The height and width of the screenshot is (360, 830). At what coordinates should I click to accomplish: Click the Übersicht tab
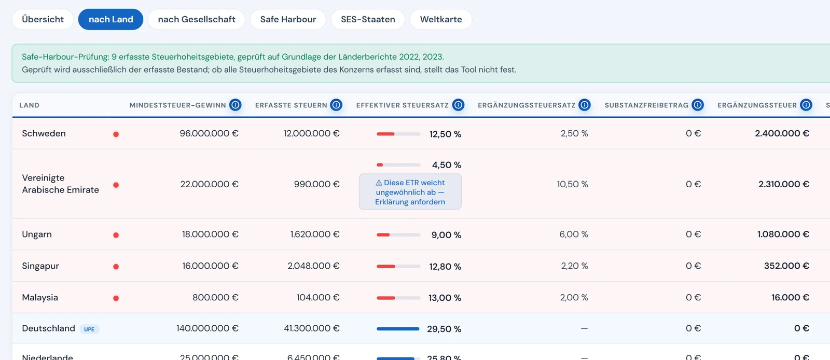coord(43,19)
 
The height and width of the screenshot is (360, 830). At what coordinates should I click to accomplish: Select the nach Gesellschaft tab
coord(197,19)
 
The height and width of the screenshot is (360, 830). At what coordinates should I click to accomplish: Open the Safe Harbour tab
coord(288,19)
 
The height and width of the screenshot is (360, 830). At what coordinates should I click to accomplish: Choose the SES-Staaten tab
coord(368,19)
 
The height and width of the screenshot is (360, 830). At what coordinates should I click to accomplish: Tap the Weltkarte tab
coord(441,19)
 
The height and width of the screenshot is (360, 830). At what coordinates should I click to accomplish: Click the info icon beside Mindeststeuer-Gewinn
coord(236,105)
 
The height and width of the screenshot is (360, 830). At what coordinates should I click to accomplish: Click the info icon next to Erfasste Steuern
coord(336,105)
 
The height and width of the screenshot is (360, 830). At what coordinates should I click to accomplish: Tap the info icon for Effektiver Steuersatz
coord(458,105)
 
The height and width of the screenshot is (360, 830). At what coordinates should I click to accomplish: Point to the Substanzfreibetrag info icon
coord(697,105)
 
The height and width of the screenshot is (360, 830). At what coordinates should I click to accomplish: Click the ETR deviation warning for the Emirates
coord(410,192)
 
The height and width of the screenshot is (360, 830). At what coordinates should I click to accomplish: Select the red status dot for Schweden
coord(116,134)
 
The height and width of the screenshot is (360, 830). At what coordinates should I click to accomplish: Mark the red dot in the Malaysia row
coord(116,298)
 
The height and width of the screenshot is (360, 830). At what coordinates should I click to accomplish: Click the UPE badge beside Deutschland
coord(89,329)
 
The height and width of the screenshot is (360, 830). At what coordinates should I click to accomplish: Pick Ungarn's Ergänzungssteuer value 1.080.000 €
coord(783,234)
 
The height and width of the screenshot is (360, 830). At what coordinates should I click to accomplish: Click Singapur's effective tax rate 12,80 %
coord(445,266)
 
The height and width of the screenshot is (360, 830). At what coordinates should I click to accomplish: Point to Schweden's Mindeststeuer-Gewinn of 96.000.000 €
coord(209,133)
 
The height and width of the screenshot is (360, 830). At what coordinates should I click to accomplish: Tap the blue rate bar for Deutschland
coord(398,328)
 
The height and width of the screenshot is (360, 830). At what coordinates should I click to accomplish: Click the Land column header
coord(29,105)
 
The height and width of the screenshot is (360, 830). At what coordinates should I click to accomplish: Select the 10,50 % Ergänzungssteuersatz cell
coord(573,184)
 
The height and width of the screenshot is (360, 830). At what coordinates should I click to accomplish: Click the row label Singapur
coord(40,266)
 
